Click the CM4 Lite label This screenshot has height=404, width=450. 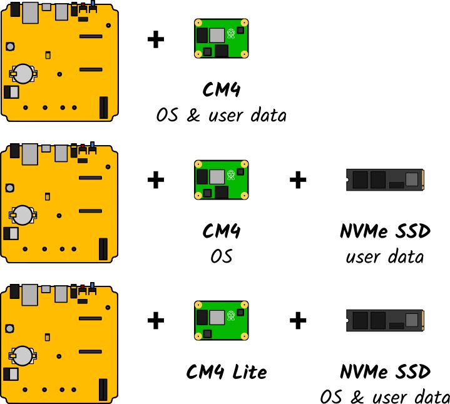(227, 373)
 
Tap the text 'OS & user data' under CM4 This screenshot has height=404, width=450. (221, 116)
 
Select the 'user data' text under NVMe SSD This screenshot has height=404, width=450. (385, 256)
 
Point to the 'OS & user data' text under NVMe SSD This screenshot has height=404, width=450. (384, 397)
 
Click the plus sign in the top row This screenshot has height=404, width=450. (156, 40)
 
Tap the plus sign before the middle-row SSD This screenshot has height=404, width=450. (298, 181)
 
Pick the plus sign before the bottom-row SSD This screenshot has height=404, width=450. (298, 321)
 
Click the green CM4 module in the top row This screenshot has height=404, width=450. (221, 39)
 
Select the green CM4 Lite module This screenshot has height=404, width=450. (221, 321)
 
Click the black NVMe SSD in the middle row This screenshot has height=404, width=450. (386, 180)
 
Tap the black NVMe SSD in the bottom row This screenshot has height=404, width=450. (386, 321)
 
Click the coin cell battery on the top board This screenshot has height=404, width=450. (24, 73)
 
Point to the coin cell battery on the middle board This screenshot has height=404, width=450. (24, 215)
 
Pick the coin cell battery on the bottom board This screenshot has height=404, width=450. (24, 356)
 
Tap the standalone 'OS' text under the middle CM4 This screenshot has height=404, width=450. (221, 256)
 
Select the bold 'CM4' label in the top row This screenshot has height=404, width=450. (221, 91)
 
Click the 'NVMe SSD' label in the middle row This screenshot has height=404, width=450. (385, 231)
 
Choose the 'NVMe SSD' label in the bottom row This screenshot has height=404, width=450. (385, 373)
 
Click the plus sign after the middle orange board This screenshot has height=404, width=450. (156, 181)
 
